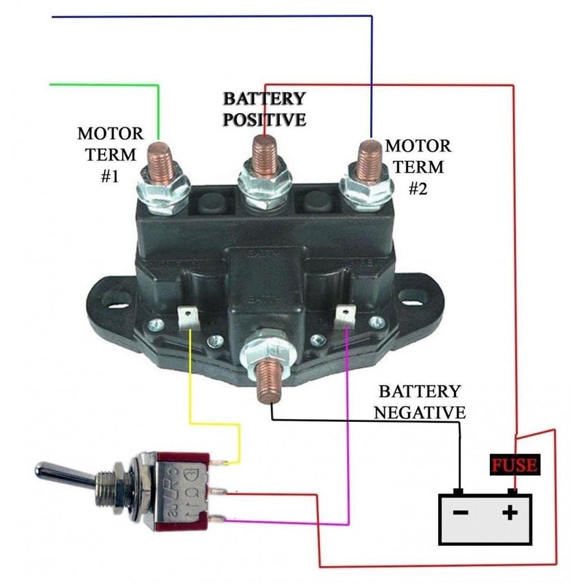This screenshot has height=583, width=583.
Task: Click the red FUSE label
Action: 514,465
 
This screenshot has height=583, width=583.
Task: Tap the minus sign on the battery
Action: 460,512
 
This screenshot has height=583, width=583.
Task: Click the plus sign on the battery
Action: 511,512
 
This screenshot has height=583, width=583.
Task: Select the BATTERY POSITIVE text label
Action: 264,109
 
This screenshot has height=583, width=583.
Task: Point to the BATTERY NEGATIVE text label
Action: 419,402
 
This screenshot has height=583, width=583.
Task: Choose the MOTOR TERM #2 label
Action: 417,167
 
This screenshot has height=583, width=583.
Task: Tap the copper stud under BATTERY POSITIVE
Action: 265,154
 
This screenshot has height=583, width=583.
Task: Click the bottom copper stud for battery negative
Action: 267,375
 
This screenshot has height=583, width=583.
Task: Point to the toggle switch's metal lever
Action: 66,473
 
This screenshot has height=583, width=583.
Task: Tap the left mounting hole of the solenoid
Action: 102,297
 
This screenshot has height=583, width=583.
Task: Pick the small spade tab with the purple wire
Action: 345,316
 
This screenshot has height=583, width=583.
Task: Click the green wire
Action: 109,85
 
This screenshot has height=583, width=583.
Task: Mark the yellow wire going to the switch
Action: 190,379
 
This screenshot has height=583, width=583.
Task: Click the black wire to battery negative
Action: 364,421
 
